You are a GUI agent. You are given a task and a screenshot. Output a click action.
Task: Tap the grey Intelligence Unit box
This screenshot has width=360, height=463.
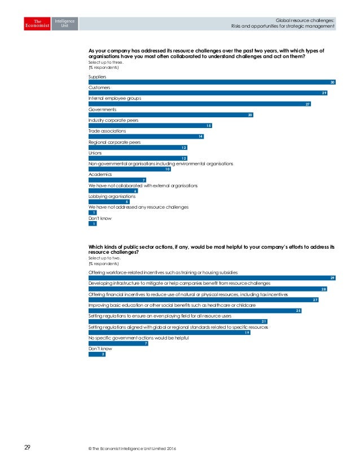coord(64,23)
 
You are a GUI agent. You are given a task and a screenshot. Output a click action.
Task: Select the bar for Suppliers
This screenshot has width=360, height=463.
coord(212,82)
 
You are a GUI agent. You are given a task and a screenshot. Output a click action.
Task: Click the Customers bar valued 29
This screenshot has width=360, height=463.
coord(208,93)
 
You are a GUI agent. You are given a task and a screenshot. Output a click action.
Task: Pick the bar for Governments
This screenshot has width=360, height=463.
coord(171,115)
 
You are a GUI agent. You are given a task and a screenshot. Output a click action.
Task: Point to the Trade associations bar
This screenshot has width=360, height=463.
coord(146,136)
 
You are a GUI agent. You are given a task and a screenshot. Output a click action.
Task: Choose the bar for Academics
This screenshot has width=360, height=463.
coord(117,180)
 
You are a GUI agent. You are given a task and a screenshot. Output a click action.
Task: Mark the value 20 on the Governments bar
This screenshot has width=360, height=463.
coord(250,115)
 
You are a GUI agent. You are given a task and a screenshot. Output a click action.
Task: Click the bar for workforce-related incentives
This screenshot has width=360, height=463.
coord(212,278)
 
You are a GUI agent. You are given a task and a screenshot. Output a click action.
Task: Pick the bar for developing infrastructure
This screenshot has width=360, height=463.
coord(208,289)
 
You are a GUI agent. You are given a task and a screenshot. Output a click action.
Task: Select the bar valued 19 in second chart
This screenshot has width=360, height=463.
coord(169,333)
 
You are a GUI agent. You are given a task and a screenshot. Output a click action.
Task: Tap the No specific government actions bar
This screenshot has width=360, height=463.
coord(118,343)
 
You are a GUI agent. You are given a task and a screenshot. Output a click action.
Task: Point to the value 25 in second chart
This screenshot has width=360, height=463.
coord(298,311)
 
